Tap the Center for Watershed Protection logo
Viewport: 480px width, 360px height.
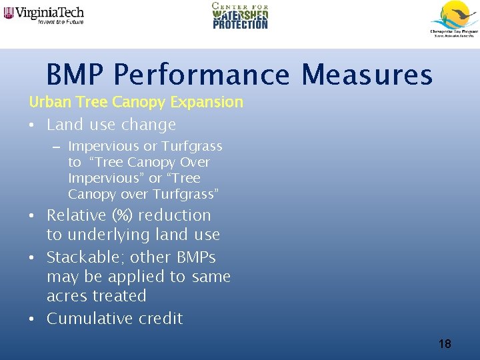[240, 16]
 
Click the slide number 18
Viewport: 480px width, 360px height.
[445, 344]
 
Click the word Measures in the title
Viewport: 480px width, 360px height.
[367, 75]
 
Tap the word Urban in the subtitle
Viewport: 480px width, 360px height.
[47, 102]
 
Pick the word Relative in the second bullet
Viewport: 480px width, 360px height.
[77, 215]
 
